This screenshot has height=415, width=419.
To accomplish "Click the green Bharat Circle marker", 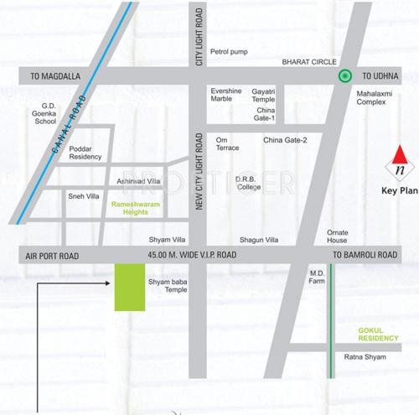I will tap(344, 75).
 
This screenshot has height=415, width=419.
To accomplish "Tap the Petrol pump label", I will tap(229, 51).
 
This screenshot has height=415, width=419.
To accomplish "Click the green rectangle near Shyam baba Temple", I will tap(129, 287).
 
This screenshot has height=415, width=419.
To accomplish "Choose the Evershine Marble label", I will tap(225, 94).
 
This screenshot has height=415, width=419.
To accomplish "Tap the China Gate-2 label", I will tap(285, 140).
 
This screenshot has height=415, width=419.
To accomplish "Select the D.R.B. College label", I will tap(248, 183).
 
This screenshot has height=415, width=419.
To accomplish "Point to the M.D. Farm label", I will tap(318, 277).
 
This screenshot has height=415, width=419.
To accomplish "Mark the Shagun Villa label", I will tap(257, 239).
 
